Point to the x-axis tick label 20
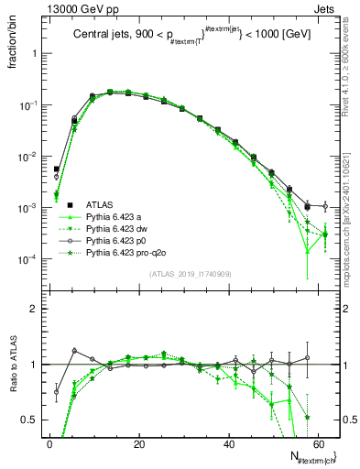pyautogui.click(x=138, y=444)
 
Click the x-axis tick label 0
pyautogui.click(x=49, y=444)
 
